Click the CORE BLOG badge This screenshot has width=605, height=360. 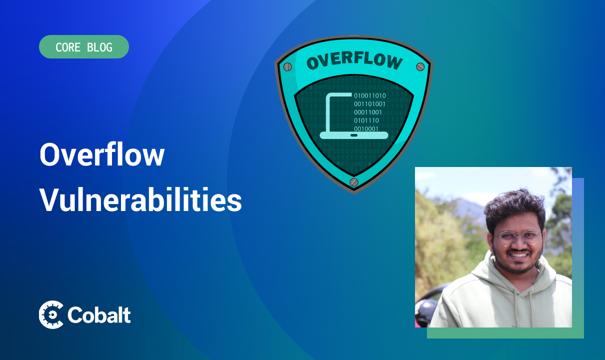point(84,47)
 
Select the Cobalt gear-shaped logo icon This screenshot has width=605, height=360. point(51,314)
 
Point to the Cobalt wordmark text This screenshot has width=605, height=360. point(99,315)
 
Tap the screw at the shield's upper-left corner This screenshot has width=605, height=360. point(287,66)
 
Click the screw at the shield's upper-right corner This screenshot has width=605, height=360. point(420,66)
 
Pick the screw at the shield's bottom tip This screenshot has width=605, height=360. point(354,182)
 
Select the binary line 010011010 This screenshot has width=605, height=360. point(369,95)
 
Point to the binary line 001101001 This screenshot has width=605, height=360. point(369,104)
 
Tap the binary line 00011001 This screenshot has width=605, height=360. point(368,112)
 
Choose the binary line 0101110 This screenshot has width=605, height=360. point(366,120)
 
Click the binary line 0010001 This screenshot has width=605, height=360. point(366,129)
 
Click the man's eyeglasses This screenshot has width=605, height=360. point(517,237)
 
